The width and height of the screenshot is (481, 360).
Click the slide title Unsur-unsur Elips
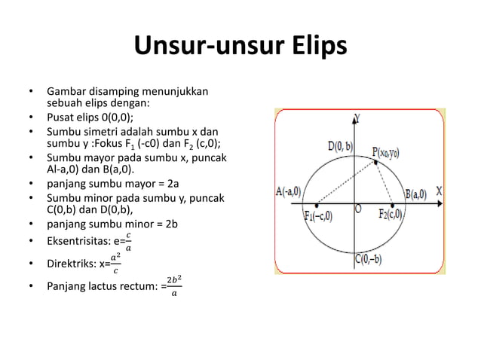tap(240, 47)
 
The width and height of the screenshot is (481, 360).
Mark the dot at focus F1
tap(317, 204)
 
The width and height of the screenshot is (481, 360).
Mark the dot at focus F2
tap(392, 204)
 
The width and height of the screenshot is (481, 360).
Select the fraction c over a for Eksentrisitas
tap(127, 243)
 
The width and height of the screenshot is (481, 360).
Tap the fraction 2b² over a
tap(174, 286)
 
